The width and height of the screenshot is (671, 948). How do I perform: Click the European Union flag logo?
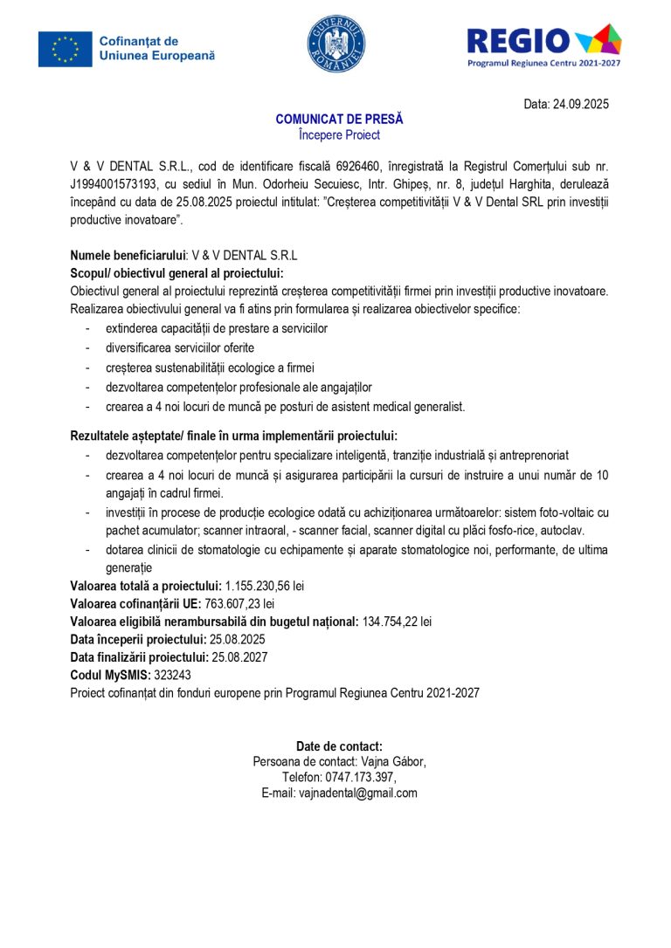tap(65, 49)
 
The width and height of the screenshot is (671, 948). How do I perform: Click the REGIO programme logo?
tap(543, 45)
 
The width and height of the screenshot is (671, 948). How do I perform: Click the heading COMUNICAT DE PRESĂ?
tap(339, 120)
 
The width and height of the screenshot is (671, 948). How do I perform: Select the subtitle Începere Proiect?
tap(339, 135)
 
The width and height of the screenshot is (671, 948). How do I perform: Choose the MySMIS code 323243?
tap(172, 675)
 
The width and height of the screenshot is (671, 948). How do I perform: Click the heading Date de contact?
tap(339, 746)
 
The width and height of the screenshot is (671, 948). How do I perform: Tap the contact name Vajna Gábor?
tap(390, 762)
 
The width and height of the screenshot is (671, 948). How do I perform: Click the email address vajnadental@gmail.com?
tap(358, 793)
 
